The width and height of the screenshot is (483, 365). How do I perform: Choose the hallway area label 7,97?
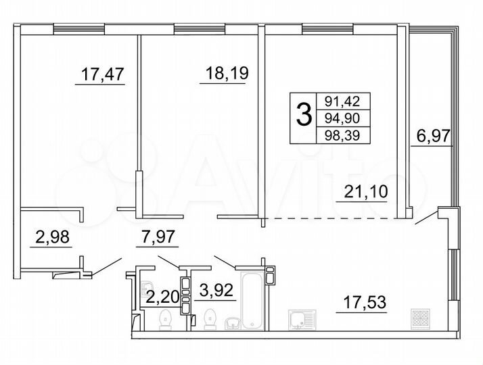(x=156, y=237)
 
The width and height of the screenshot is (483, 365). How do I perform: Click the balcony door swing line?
(x=425, y=218)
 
